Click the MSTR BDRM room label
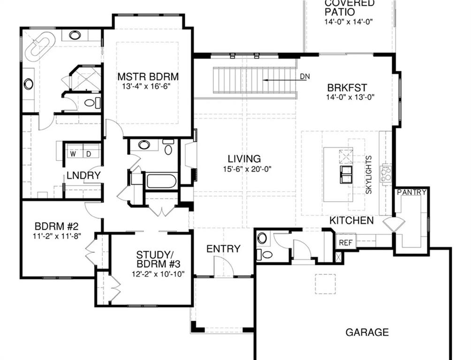[x=148, y=76]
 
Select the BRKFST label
[x=347, y=88]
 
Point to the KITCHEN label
[x=351, y=220]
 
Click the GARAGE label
[x=367, y=332]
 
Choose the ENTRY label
[x=223, y=249]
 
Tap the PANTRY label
[x=412, y=192]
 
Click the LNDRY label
[x=84, y=175]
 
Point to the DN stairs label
[x=304, y=76]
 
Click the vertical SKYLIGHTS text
[x=368, y=175]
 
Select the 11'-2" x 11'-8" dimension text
[x=57, y=236]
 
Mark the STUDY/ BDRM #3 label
[x=152, y=259]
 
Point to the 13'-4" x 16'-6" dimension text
[x=148, y=87]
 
